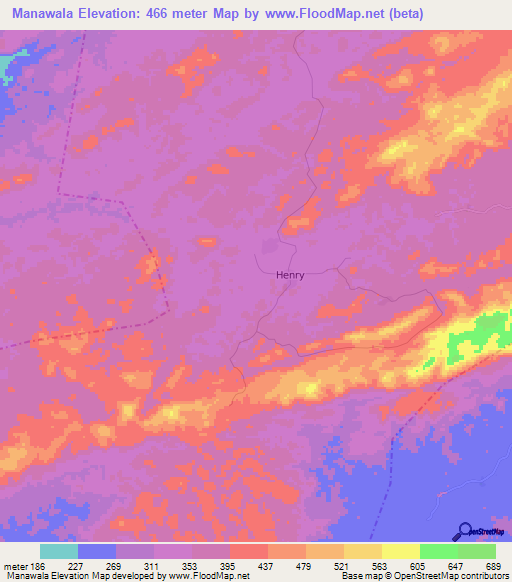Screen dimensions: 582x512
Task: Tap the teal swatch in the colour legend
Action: (x=59, y=551)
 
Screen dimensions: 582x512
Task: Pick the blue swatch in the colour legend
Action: (x=97, y=551)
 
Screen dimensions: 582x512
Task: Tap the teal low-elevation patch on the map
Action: (x=7, y=66)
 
